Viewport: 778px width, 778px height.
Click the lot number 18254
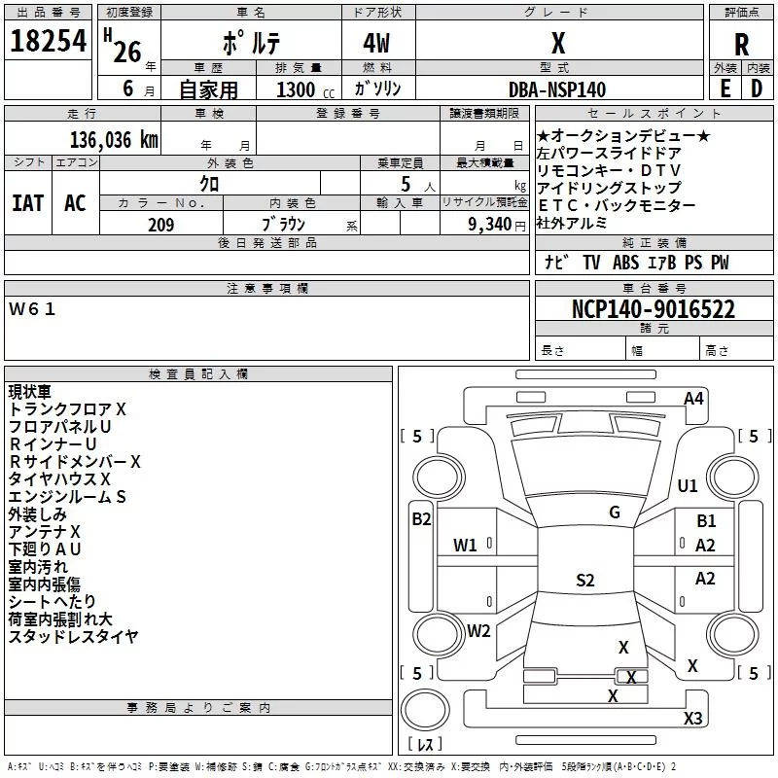[48, 41]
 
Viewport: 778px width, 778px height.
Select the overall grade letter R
[741, 44]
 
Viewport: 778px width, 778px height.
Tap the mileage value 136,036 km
[114, 139]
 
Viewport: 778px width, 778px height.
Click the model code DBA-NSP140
[557, 89]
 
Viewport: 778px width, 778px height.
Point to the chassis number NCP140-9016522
[653, 308]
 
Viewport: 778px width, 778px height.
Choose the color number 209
[160, 225]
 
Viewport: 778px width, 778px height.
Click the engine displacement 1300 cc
[305, 89]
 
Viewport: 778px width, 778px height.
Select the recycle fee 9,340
[490, 224]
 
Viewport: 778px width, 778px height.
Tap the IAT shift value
[28, 203]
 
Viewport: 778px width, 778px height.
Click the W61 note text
[32, 309]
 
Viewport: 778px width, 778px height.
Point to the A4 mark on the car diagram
[693, 399]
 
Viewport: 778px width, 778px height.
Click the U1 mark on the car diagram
[688, 485]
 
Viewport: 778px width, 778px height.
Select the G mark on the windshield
[615, 512]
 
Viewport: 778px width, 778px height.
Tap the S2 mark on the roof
[585, 580]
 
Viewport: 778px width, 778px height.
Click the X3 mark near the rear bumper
[692, 718]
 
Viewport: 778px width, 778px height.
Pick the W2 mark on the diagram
[478, 630]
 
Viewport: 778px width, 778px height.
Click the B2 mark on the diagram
[421, 519]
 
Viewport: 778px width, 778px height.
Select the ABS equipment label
[625, 262]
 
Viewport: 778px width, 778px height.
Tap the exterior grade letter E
[725, 88]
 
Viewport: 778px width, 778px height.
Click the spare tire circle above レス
[425, 710]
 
